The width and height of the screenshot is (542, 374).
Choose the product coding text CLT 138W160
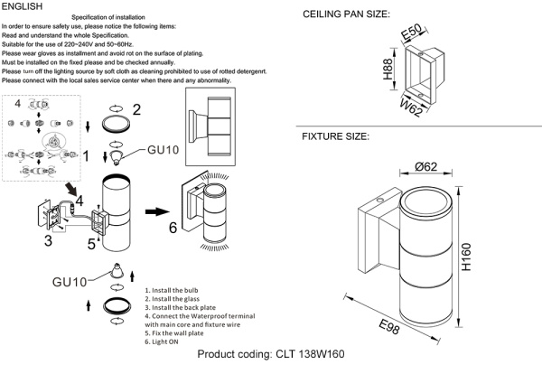coord(271,355)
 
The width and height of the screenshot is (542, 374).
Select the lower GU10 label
coord(69,283)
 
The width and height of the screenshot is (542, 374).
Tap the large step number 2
coord(136,110)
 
